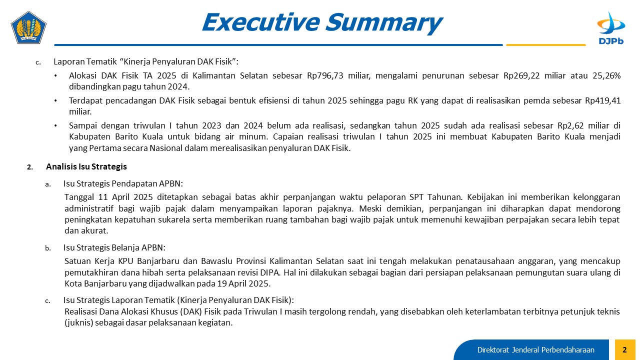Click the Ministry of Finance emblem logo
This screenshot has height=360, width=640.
[28, 27]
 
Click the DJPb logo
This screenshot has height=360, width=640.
[611, 28]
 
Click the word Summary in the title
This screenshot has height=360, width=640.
[384, 22]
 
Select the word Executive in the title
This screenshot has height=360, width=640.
[260, 22]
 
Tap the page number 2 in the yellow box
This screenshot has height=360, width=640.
[624, 349]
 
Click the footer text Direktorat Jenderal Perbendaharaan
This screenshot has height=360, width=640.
[535, 349]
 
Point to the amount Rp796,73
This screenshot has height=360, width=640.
[325, 75]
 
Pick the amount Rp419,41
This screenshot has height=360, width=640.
[603, 100]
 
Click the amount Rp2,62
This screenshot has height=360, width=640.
[571, 125]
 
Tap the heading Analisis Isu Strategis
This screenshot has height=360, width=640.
[86, 166]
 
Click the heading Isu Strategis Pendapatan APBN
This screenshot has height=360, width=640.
[123, 183]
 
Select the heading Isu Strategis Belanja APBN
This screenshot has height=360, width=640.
[114, 247]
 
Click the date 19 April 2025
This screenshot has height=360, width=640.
[243, 283]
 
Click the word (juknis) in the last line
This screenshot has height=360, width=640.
[79, 322]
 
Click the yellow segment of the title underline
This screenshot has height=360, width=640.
[545, 45]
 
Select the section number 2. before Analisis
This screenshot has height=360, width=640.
[30, 167]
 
